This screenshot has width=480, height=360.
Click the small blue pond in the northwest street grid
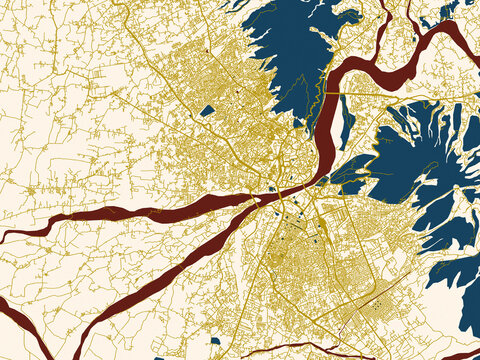click(206, 111)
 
